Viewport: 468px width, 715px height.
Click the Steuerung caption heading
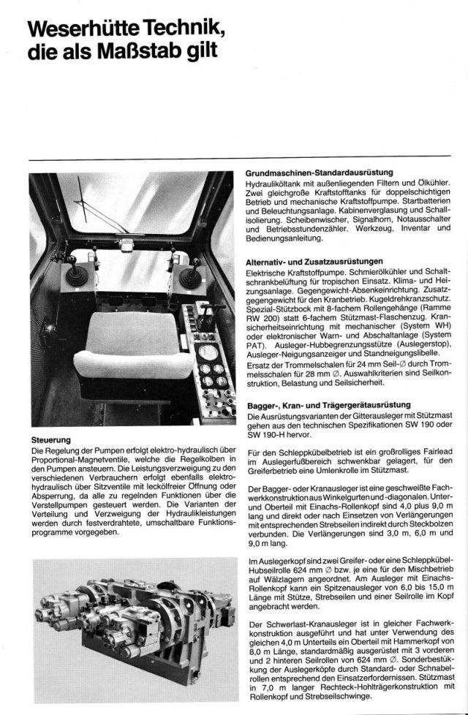coord(50,441)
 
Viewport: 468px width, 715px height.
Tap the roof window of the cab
coord(132,194)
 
